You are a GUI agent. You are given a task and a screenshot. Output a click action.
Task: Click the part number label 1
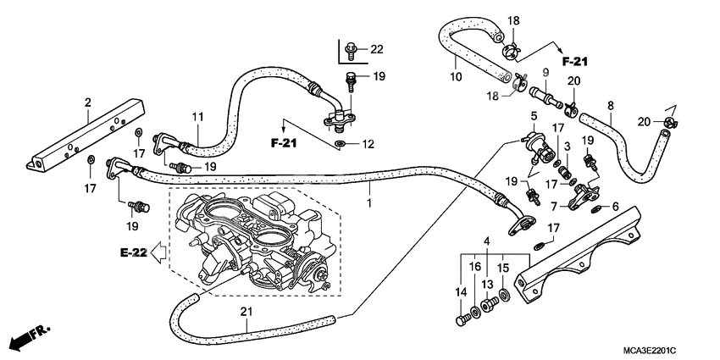click(x=368, y=204)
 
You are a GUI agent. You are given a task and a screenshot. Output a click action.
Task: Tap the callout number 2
click(x=87, y=103)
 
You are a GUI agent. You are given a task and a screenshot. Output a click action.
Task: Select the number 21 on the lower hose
click(x=246, y=311)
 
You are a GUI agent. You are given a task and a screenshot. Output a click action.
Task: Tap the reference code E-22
click(x=132, y=252)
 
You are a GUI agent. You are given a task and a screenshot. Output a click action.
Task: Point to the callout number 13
click(x=487, y=284)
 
